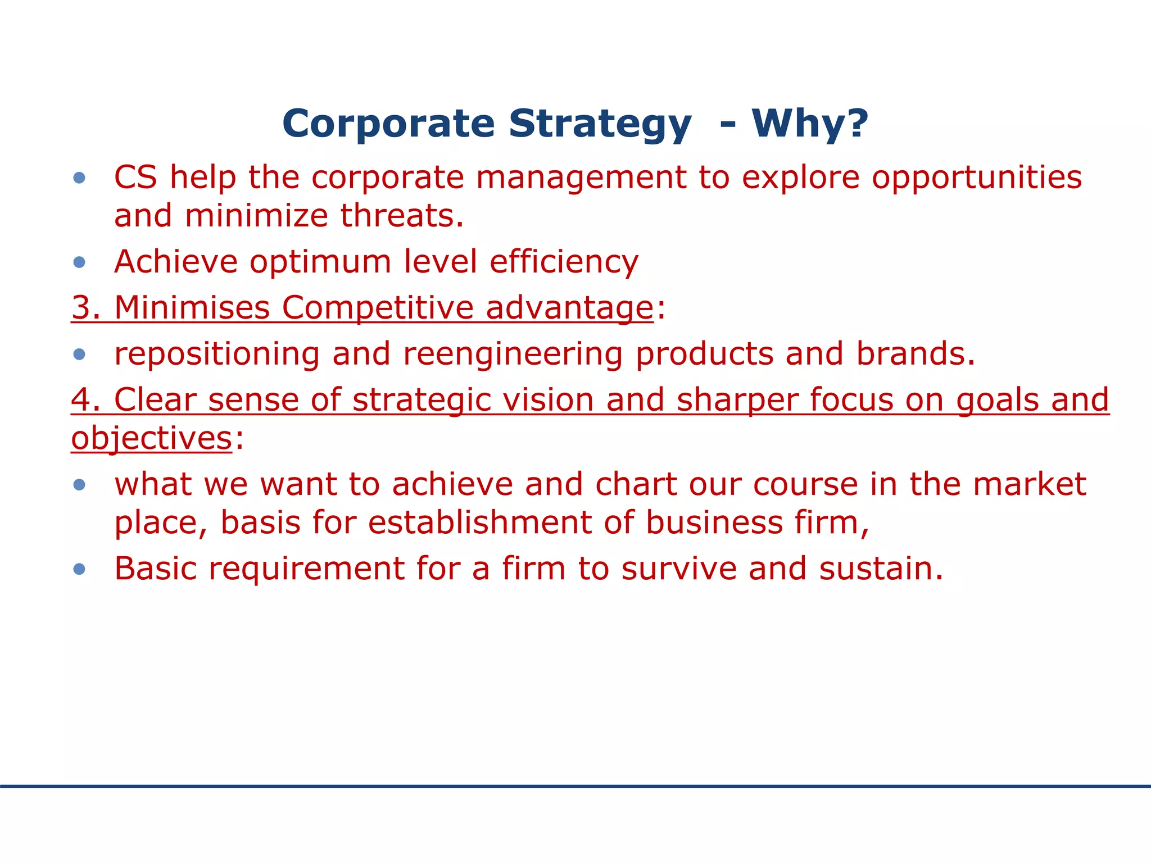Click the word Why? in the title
pyautogui.click(x=810, y=124)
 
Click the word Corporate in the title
pyautogui.click(x=388, y=124)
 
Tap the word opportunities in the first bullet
pyautogui.click(x=976, y=178)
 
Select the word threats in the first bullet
pyautogui.click(x=401, y=216)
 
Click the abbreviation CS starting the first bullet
pyautogui.click(x=135, y=178)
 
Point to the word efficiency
pyautogui.click(x=564, y=262)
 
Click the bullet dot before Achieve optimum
pyautogui.click(x=79, y=262)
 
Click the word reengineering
pyautogui.click(x=513, y=355)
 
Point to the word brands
pyautogui.click(x=915, y=355)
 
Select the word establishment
pyautogui.click(x=479, y=523)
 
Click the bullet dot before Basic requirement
pyautogui.click(x=79, y=569)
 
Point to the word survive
pyautogui.click(x=679, y=569)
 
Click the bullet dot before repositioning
pyautogui.click(x=79, y=355)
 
